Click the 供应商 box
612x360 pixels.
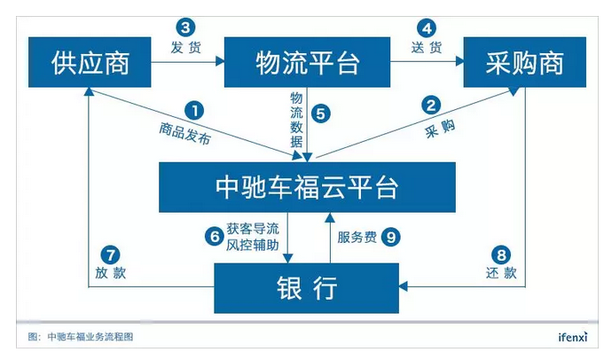[91, 62]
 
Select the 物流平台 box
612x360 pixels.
[308, 62]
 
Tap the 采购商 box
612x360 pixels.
[525, 62]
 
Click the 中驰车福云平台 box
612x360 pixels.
[308, 187]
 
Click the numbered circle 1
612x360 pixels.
[194, 111]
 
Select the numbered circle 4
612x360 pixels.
[427, 27]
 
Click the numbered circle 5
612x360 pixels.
[322, 113]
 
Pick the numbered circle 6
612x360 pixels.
[213, 237]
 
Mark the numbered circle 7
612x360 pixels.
[110, 253]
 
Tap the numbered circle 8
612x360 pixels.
[502, 253]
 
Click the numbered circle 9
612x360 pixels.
[391, 237]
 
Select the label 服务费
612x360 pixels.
[357, 237]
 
